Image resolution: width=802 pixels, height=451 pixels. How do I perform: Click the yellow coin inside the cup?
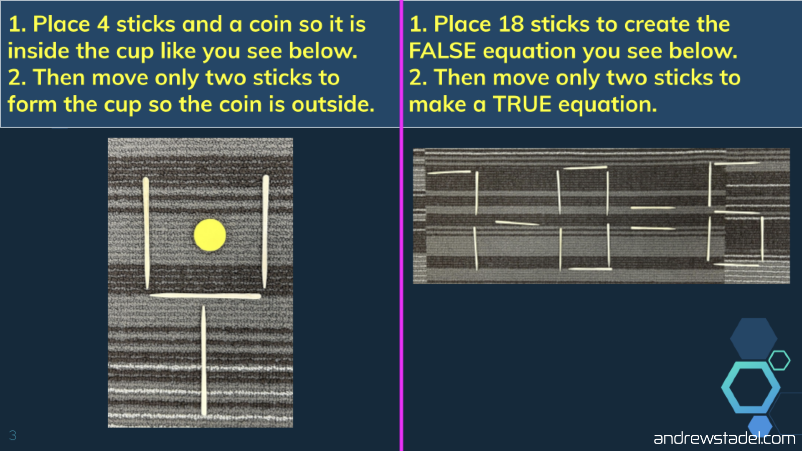[x=210, y=235]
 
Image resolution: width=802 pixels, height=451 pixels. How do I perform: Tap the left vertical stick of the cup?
[x=146, y=233]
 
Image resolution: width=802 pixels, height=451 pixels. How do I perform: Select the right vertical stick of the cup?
[x=265, y=231]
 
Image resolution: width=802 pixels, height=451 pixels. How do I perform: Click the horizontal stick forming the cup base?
[x=205, y=296]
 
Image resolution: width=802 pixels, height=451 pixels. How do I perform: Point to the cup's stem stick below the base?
[x=204, y=361]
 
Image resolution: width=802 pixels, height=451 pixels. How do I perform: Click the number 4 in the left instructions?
[x=103, y=24]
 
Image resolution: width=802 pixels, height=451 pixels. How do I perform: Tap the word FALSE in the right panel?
[x=442, y=51]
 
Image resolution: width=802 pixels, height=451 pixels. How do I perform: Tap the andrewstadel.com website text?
[x=724, y=438]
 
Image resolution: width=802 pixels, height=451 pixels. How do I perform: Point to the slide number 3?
[x=13, y=436]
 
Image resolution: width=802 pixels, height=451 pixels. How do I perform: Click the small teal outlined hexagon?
[x=779, y=360]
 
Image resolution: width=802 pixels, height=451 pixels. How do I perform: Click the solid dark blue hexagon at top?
[x=754, y=338]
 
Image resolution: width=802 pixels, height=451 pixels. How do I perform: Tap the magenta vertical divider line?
[x=401, y=225]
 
